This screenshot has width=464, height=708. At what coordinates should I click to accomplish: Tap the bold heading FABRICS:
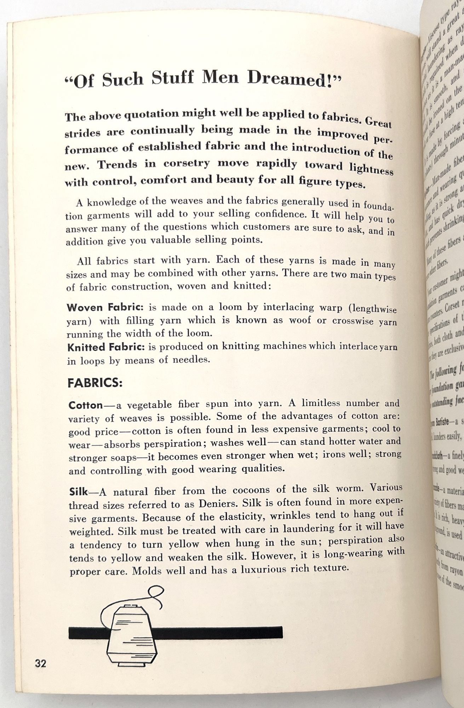tap(95, 383)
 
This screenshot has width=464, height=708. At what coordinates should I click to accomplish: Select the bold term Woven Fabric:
tap(105, 307)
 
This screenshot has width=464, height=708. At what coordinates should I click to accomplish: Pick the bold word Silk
tap(78, 492)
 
